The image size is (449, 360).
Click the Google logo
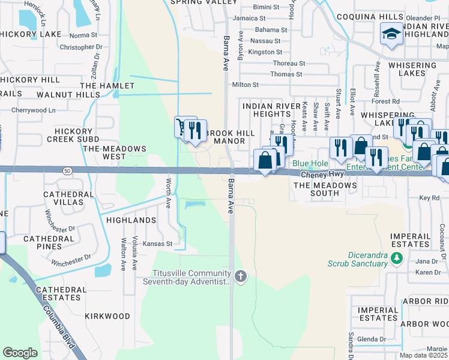[x=20, y=353]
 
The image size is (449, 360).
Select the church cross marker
[x=241, y=277]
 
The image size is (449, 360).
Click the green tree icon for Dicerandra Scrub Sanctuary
[x=396, y=259]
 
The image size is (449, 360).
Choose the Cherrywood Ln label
[x=37, y=110]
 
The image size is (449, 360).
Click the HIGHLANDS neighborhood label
[x=131, y=220]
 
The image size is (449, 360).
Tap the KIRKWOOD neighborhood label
[x=107, y=316]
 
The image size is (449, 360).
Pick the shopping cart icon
[x=182, y=127]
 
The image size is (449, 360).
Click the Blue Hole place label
[x=310, y=163]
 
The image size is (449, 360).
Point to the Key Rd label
[x=429, y=197]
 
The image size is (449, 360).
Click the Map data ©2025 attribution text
[x=423, y=355]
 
